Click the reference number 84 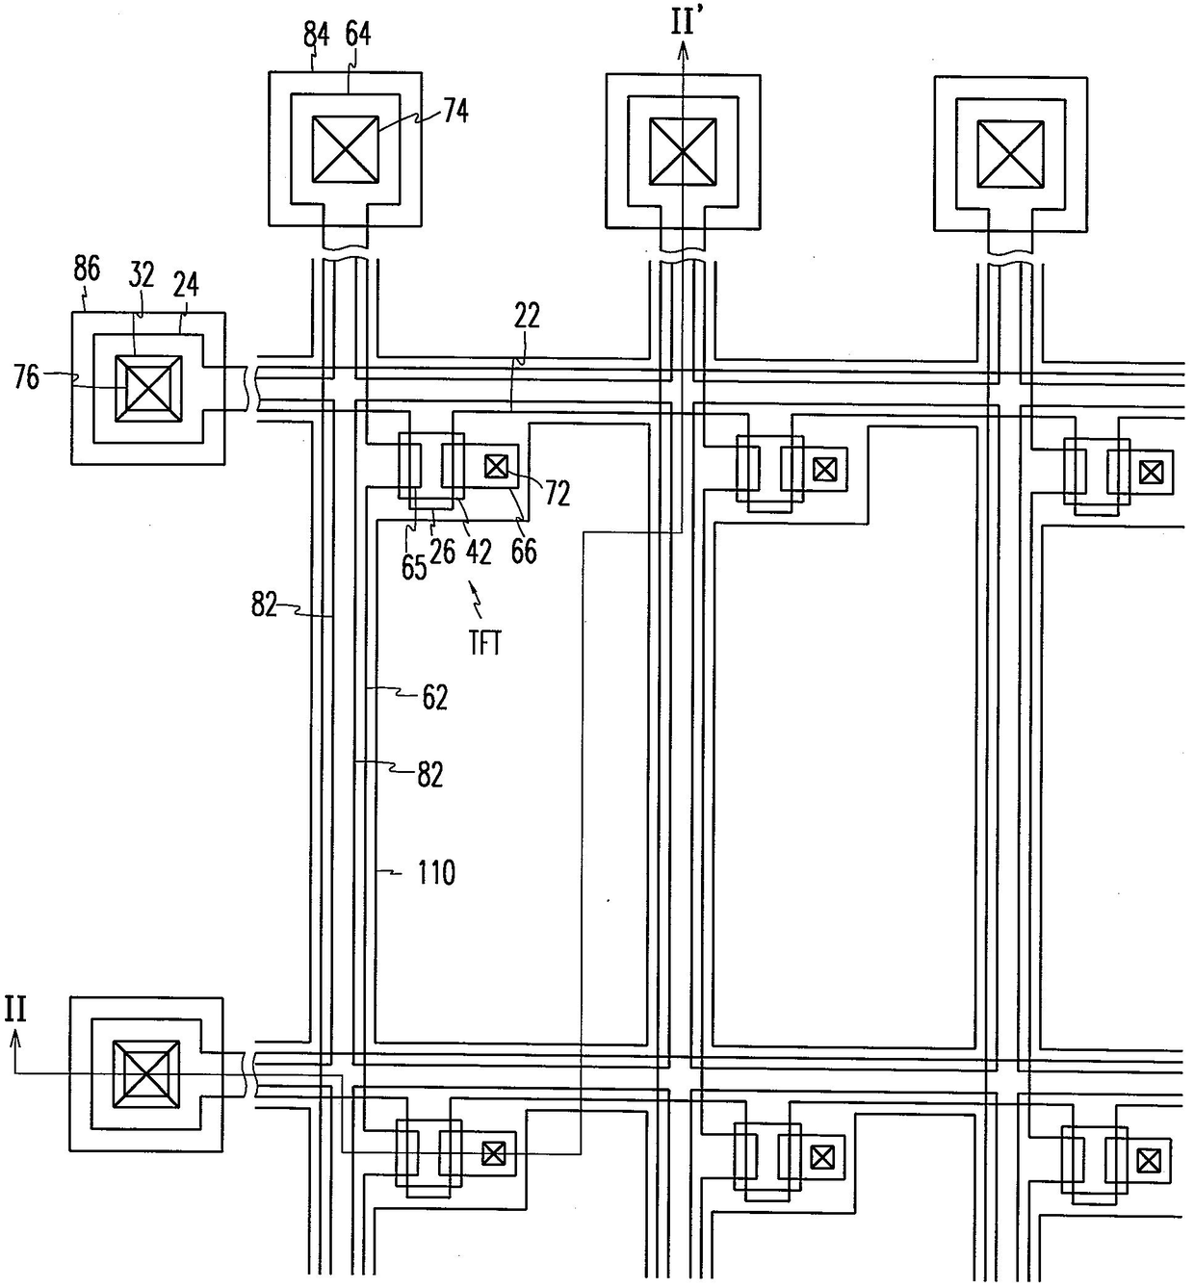tap(316, 35)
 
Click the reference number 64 tap(357, 35)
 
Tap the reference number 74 tap(455, 112)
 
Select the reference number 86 tap(87, 270)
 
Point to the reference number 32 tap(141, 275)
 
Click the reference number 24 tap(186, 285)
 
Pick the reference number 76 tap(27, 377)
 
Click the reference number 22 tap(527, 317)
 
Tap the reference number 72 tap(557, 495)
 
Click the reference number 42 tap(479, 553)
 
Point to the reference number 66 tap(524, 552)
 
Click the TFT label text tap(484, 645)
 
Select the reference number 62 tap(435, 699)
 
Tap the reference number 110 tap(436, 873)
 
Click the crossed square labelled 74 tap(346, 150)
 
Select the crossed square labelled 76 tap(148, 389)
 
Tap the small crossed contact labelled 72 tap(497, 466)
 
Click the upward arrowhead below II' tap(683, 47)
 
